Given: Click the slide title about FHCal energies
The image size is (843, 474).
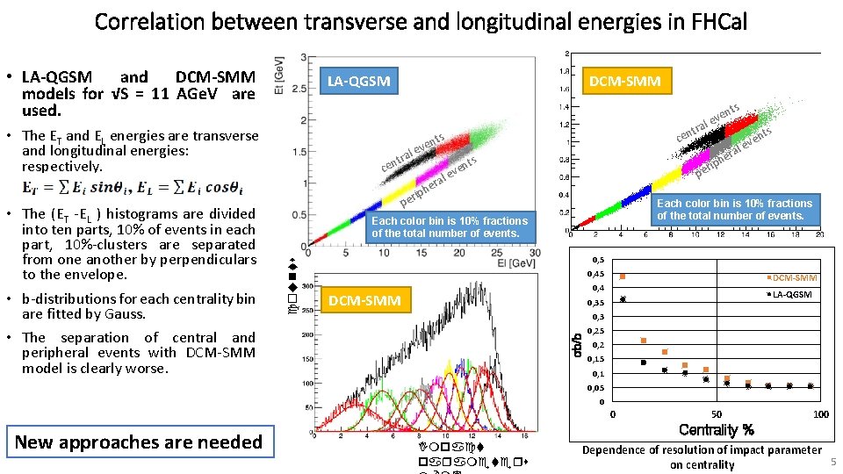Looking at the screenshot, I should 421,21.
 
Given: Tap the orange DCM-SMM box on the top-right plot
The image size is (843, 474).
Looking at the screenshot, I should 628,82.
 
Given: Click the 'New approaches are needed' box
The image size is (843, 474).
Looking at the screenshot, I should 138,442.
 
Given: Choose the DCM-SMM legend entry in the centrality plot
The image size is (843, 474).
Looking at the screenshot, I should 794,278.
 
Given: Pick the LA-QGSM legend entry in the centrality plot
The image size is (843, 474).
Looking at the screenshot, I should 792,295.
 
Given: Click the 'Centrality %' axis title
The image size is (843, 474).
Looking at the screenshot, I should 717,430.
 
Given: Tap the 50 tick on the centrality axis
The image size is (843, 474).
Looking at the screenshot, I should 717,414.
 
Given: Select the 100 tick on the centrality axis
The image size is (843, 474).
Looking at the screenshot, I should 820,414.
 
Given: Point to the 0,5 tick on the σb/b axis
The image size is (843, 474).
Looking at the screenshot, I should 597,261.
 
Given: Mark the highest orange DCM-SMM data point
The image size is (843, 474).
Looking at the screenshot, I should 623,276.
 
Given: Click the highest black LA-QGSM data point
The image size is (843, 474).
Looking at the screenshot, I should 623,299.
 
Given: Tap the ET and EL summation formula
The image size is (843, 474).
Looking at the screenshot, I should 133,188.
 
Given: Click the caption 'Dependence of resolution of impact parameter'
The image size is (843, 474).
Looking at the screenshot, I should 702,450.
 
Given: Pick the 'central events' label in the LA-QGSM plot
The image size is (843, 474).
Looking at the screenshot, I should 413,153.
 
